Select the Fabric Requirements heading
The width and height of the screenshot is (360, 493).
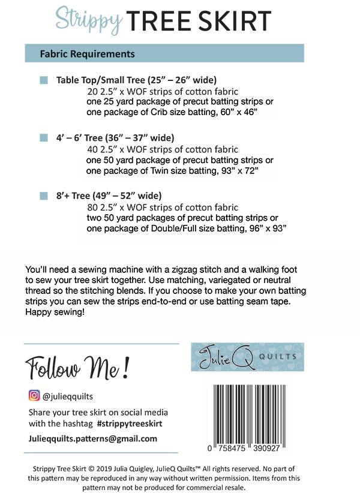click(87, 53)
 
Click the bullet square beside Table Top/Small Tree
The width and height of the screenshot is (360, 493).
click(44, 80)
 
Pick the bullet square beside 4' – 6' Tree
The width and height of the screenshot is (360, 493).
click(44, 137)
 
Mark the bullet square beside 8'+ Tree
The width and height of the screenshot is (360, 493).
click(44, 196)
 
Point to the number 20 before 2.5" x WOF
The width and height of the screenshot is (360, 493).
click(92, 92)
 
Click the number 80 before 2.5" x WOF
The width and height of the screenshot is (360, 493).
click(92, 208)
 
